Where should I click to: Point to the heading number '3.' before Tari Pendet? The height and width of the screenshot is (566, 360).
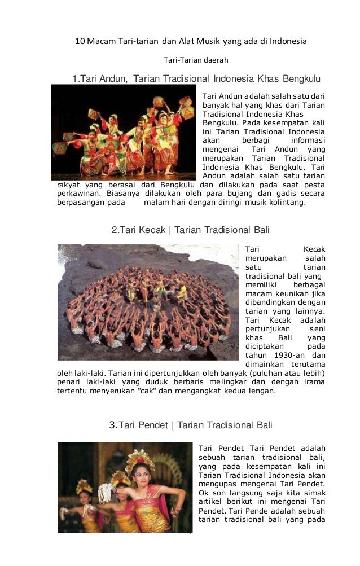[x=113, y=425]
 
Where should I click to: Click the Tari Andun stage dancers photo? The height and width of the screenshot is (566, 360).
[x=123, y=132]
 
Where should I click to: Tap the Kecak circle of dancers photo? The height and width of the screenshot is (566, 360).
[x=148, y=302]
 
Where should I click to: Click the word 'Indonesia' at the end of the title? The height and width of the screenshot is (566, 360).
[x=287, y=42]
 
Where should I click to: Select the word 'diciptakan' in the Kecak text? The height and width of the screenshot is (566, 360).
[x=266, y=346]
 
